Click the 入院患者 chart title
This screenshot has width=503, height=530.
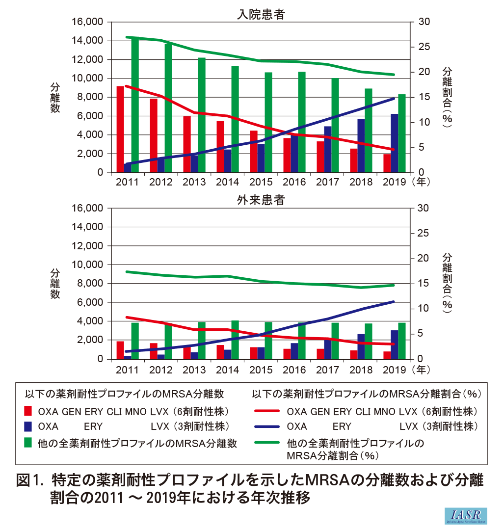coord(261,15)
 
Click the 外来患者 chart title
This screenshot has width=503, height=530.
coord(261,201)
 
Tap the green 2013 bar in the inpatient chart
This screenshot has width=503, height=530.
coord(202,115)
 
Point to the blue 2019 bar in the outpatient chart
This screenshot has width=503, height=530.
coord(395,344)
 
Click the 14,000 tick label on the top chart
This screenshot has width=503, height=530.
coord(87,41)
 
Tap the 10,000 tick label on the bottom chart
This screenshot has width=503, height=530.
coord(87,265)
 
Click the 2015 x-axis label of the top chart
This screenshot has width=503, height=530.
coord(261,183)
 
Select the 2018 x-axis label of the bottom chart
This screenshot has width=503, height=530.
coord(361,369)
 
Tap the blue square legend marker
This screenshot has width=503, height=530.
coord(28,426)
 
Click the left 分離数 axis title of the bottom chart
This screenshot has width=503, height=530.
coord(55,284)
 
